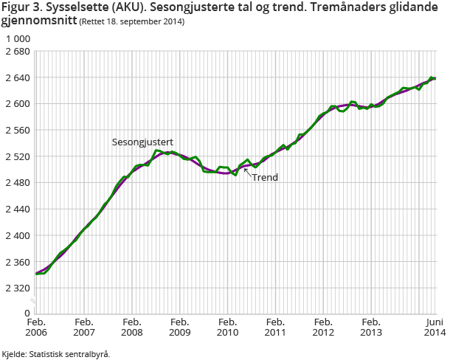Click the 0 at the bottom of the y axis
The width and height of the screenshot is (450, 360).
point(26,313)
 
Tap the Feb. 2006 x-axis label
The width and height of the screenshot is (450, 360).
point(36,328)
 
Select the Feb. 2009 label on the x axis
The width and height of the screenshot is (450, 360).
point(180,328)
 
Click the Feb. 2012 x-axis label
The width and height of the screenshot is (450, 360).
point(324,328)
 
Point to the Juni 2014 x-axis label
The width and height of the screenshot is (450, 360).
point(434,328)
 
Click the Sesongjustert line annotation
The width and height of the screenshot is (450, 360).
point(142,141)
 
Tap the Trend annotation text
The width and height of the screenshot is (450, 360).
point(265,178)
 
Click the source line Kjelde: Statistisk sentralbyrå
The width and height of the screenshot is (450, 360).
point(55,354)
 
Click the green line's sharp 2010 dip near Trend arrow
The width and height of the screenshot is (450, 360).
point(235,175)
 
